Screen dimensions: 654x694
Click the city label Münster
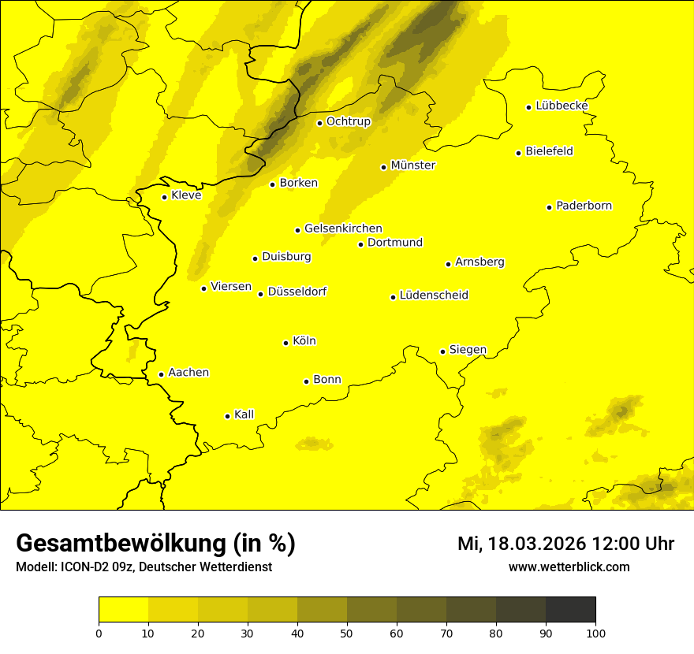[412, 165]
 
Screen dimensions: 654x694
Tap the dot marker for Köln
[286, 343]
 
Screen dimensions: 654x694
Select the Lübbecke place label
[562, 106]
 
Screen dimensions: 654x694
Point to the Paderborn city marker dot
[550, 207]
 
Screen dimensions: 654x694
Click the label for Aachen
[188, 373]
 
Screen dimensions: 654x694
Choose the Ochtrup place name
[348, 121]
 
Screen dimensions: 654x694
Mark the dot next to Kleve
[164, 197]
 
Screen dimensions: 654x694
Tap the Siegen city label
[468, 350]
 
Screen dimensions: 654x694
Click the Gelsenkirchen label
[343, 229]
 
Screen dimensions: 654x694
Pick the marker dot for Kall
[228, 416]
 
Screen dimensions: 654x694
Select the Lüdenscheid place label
[434, 295]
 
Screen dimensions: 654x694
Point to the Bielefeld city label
[549, 151]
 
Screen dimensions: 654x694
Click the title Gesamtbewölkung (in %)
[155, 544]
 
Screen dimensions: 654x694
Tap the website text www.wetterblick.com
[569, 567]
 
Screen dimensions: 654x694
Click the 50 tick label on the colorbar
[347, 632]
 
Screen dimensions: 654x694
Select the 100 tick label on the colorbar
[595, 632]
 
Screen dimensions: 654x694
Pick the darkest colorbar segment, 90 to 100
[570, 610]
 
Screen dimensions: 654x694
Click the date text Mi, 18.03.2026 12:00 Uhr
[565, 544]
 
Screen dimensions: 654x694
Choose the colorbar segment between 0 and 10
[123, 610]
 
